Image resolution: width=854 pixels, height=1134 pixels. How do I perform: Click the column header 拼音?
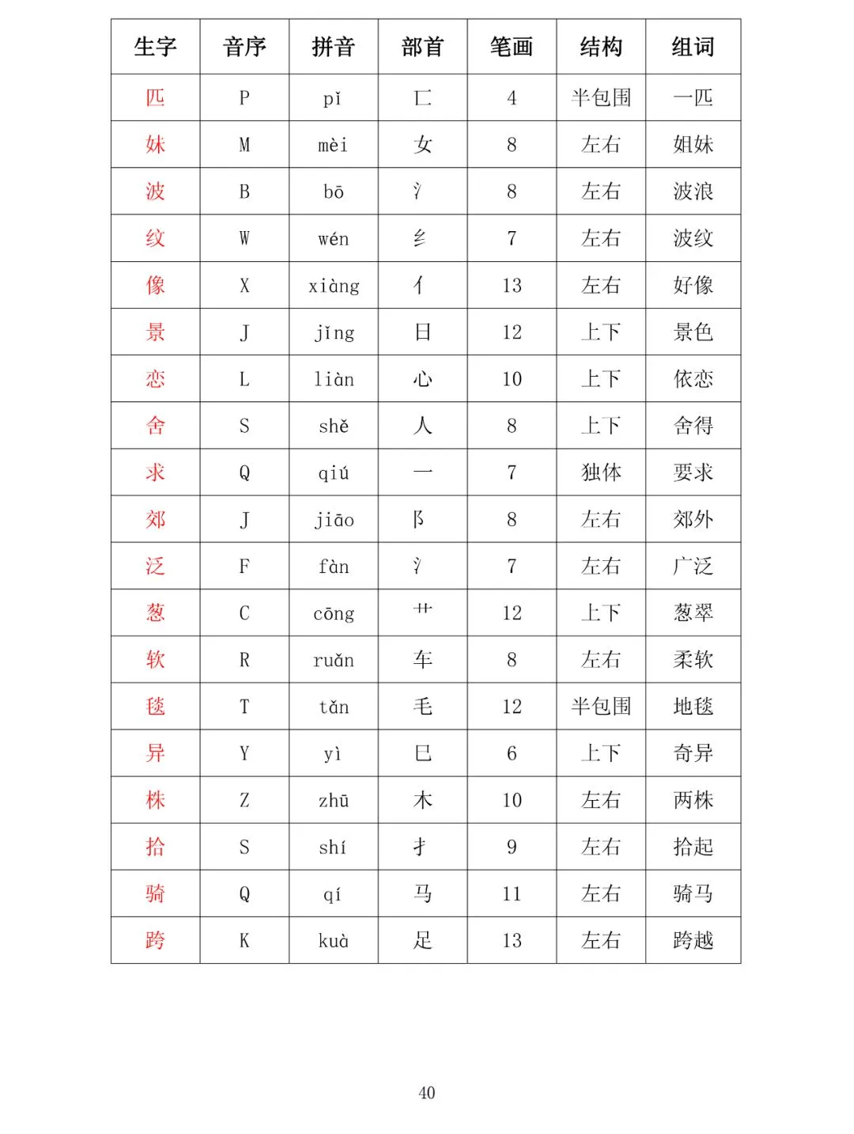click(333, 47)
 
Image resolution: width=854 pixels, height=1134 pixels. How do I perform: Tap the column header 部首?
click(422, 47)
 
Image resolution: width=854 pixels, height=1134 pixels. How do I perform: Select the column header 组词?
click(693, 47)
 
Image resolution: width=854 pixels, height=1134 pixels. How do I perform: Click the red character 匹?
click(155, 97)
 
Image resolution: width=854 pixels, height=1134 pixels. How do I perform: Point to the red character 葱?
click(155, 613)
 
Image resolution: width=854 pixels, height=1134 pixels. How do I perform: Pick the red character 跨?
click(155, 940)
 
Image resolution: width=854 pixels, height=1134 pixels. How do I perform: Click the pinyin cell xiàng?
click(334, 286)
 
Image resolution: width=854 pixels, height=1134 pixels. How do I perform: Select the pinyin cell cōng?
click(334, 613)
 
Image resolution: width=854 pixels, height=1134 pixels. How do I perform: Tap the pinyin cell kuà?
click(334, 941)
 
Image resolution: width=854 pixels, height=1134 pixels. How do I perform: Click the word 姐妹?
click(693, 144)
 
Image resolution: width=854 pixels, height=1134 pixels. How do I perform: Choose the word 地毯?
click(693, 706)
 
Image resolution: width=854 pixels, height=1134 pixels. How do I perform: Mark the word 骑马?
click(693, 893)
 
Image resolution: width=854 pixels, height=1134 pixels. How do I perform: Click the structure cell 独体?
click(601, 472)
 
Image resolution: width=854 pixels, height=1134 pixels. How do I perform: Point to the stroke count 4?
click(512, 98)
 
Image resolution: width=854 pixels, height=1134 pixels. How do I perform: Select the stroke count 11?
click(512, 894)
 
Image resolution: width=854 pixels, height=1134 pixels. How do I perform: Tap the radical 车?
click(422, 659)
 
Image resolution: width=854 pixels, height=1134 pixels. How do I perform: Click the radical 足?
click(422, 940)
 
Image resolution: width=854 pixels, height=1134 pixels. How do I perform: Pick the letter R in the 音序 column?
click(244, 660)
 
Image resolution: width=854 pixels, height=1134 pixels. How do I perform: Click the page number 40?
click(427, 1093)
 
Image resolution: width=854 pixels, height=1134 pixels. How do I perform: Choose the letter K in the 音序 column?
click(244, 941)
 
